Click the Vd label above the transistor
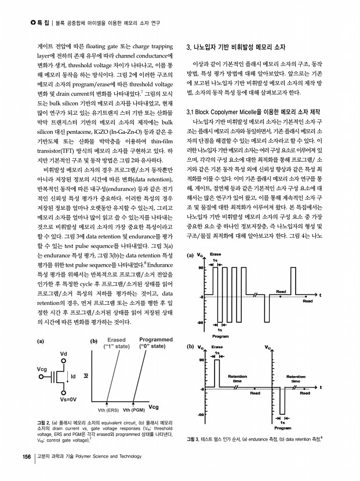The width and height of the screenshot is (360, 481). pyautogui.click(x=63, y=354)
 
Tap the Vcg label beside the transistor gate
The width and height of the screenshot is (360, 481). pyautogui.click(x=42, y=369)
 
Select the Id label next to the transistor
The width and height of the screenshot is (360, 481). pyautogui.click(x=73, y=377)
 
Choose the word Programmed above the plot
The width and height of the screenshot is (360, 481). pyautogui.click(x=156, y=340)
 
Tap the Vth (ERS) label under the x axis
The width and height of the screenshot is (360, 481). pyautogui.click(x=108, y=410)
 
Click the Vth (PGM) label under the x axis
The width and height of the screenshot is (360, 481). pyautogui.click(x=134, y=410)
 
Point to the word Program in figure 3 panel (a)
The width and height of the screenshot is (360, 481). pyautogui.click(x=221, y=336)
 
